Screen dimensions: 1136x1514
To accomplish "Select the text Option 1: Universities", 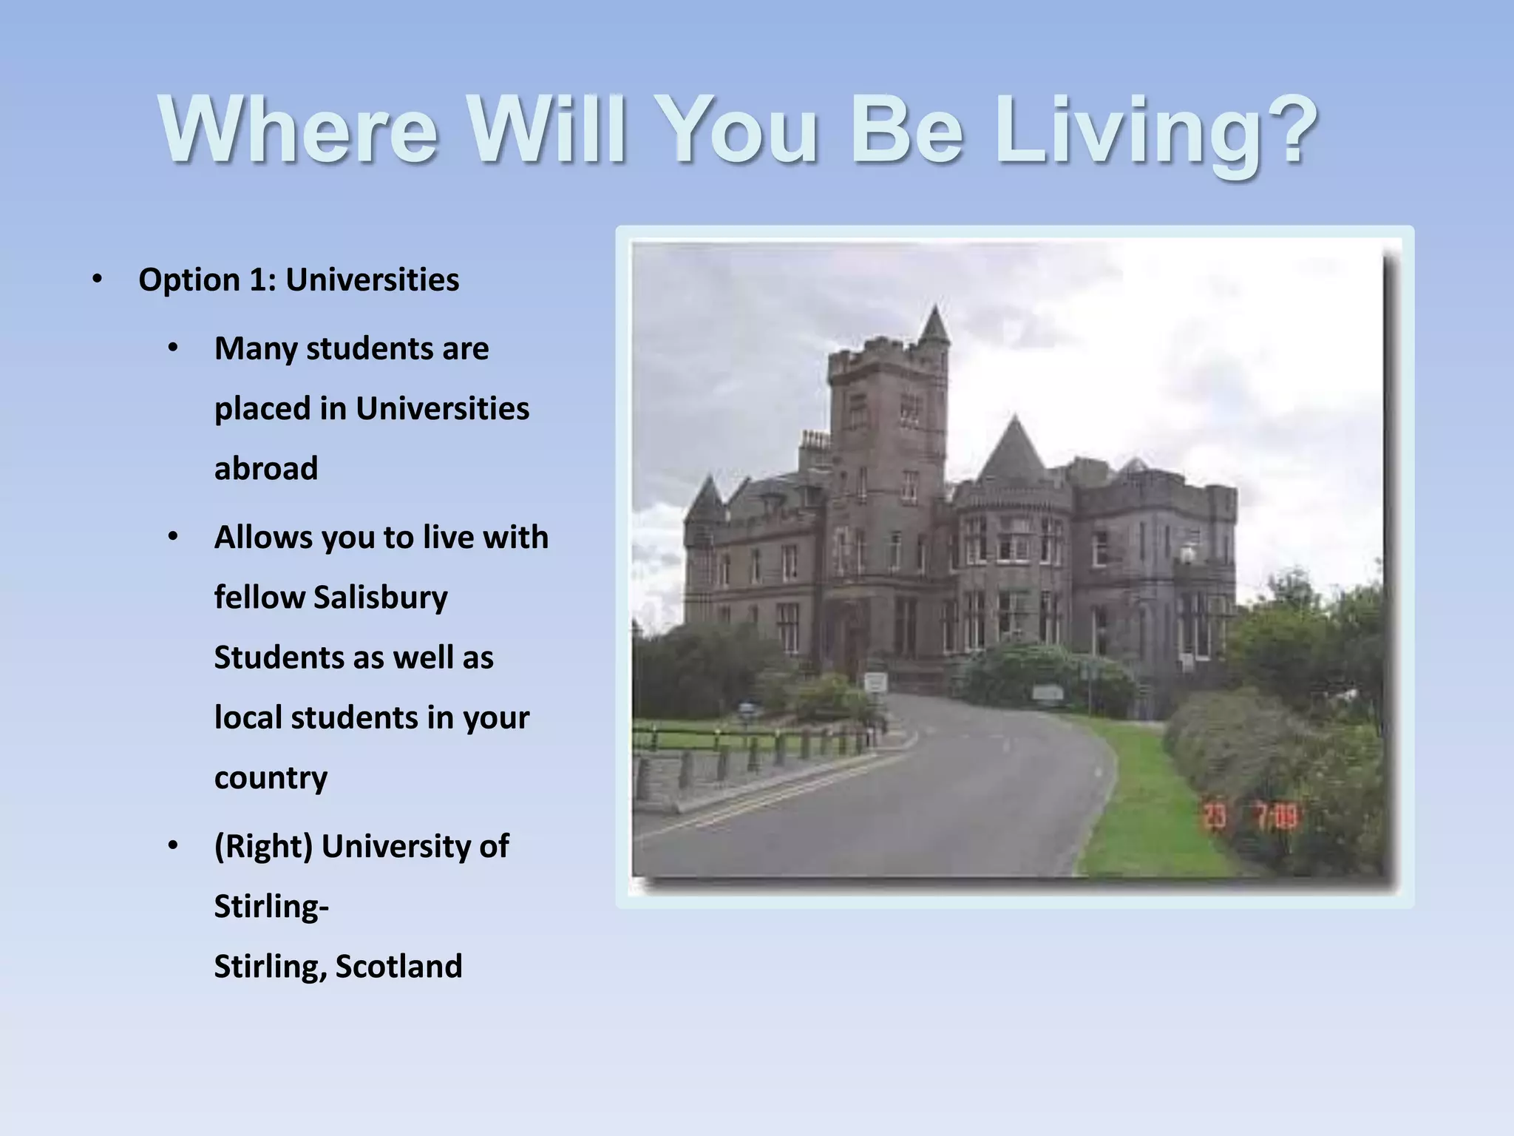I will click(x=299, y=280).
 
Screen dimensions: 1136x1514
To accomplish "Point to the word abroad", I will click(x=266, y=469).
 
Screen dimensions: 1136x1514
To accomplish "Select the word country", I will click(x=271, y=778).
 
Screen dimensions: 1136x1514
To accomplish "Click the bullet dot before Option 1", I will click(x=98, y=280).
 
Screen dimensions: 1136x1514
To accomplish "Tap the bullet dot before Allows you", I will click(x=173, y=537).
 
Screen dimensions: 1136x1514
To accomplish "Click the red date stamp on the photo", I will click(x=1250, y=817).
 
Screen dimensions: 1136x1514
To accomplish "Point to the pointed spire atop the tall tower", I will click(x=935, y=325).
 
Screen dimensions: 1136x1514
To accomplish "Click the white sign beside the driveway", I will click(x=875, y=682).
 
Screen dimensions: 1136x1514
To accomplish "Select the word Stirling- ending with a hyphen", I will click(x=271, y=907).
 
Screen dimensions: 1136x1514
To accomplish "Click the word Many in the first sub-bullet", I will click(x=255, y=349).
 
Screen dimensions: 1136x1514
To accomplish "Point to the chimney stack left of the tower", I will click(x=814, y=444).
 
